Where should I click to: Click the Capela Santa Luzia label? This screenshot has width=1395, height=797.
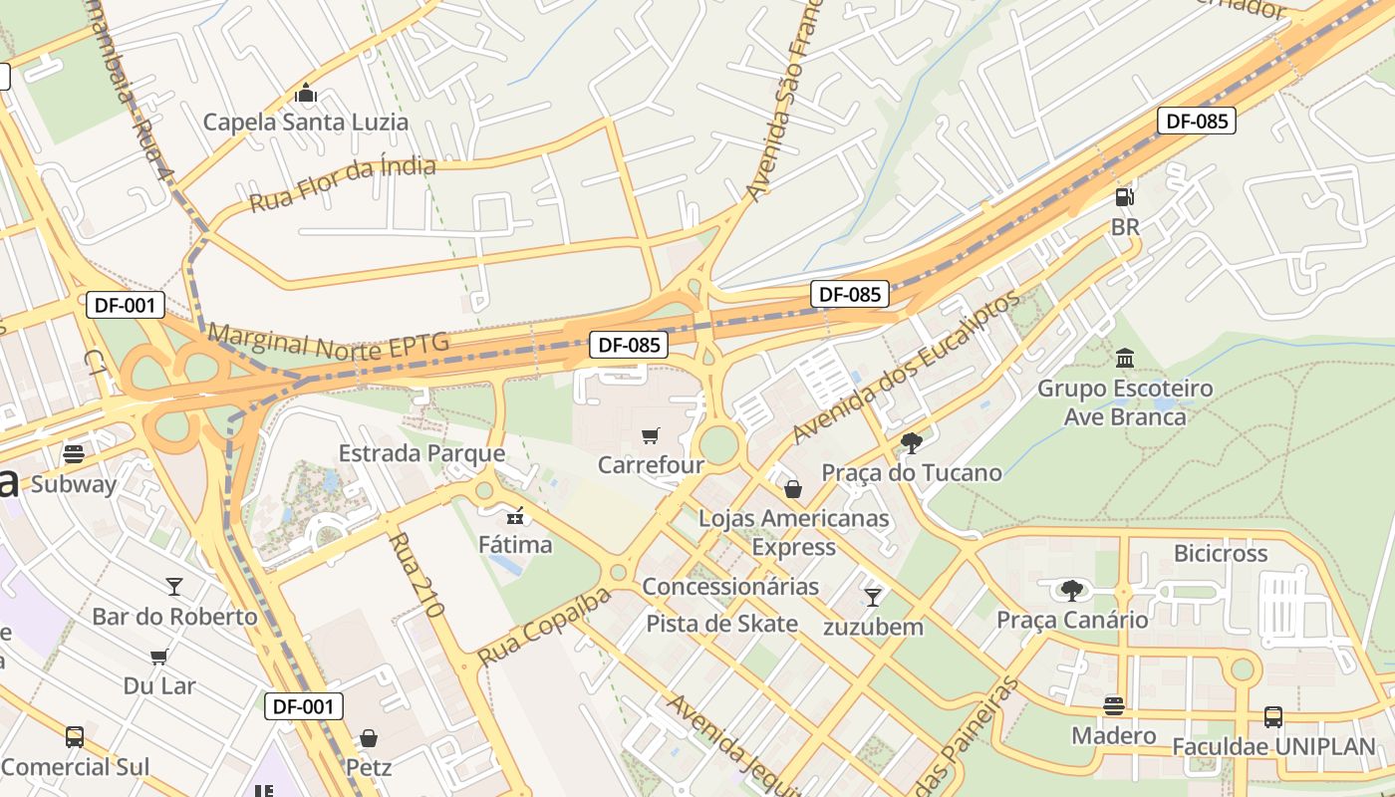(306, 123)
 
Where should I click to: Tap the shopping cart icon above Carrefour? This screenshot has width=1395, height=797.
(651, 434)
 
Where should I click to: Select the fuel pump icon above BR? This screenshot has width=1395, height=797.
(1125, 196)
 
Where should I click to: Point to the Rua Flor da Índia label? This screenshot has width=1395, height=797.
(342, 184)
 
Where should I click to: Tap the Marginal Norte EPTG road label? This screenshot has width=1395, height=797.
(328, 343)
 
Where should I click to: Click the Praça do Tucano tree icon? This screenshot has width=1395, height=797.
(911, 442)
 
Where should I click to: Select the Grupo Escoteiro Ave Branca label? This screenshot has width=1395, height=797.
(1125, 401)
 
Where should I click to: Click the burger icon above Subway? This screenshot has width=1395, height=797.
(74, 454)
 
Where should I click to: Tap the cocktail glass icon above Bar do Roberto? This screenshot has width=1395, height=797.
(174, 586)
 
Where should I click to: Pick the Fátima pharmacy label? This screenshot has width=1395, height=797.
(515, 545)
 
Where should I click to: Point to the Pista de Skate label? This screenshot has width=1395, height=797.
(722, 624)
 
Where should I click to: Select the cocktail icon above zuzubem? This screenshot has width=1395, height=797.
(873, 597)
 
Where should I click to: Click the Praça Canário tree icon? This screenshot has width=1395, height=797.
(1072, 590)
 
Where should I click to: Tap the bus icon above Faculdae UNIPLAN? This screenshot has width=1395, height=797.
(1272, 716)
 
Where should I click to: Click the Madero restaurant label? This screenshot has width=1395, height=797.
(1114, 735)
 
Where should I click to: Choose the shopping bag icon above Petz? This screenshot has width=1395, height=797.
(369, 738)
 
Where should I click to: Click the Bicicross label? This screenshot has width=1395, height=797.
(1221, 553)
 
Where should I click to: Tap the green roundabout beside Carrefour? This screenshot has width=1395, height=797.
(717, 442)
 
